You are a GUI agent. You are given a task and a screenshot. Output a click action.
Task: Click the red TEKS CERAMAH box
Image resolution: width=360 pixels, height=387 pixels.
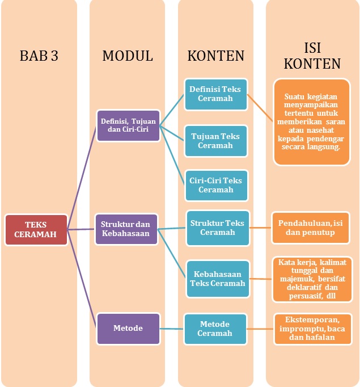(36, 229)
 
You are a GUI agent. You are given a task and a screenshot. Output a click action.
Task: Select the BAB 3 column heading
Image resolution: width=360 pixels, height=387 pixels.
(39, 56)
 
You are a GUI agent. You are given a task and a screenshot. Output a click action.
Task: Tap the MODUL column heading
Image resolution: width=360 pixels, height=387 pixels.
(128, 56)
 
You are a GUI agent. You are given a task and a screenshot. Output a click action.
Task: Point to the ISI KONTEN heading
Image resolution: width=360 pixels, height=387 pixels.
(312, 55)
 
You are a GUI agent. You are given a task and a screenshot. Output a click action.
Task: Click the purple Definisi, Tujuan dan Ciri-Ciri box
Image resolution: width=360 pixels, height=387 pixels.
(128, 125)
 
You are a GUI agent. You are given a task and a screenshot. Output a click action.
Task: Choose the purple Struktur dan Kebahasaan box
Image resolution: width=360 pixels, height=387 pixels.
(126, 229)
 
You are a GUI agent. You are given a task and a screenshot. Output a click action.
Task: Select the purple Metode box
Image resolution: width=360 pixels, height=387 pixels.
(128, 328)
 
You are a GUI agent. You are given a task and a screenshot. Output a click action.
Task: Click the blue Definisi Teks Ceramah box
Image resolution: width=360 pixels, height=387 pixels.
(215, 94)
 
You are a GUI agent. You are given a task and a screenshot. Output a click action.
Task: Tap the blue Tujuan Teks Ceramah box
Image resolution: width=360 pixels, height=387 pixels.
(215, 141)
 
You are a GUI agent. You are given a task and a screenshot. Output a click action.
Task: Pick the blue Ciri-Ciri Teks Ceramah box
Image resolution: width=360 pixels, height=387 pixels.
(215, 185)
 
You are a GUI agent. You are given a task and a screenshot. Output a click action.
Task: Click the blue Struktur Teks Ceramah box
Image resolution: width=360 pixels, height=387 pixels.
(218, 228)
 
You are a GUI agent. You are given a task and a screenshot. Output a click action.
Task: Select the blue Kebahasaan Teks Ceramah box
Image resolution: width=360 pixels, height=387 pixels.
(218, 279)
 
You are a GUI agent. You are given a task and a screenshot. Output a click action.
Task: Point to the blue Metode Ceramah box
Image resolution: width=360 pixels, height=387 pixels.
(215, 329)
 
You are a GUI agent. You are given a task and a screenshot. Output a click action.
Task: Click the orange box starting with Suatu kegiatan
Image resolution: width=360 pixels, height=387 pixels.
(311, 121)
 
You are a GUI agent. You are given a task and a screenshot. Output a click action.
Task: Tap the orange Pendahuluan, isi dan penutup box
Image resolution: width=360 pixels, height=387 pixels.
(310, 228)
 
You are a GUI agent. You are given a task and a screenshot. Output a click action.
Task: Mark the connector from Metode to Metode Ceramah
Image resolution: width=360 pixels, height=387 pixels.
(172, 328)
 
